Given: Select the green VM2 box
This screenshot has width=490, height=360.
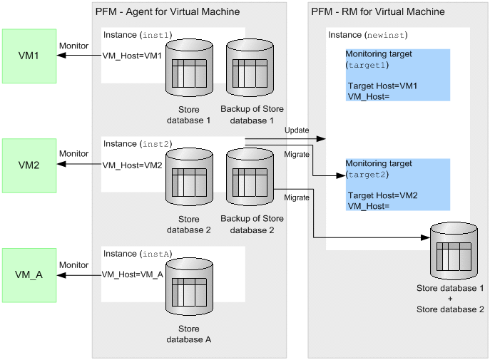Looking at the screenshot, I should click(x=29, y=165).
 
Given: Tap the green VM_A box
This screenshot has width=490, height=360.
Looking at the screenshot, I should click(x=29, y=274).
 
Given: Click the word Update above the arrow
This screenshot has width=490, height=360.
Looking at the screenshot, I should click(x=297, y=130).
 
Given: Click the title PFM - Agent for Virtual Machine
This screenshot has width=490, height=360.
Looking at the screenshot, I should click(x=168, y=11).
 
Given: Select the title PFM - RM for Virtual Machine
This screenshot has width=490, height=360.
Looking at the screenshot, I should click(x=378, y=11).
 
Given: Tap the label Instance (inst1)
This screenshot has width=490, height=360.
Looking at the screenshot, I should click(x=138, y=36).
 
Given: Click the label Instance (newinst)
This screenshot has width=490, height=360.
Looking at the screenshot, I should click(x=367, y=35).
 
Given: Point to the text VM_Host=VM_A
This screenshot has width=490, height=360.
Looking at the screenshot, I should click(x=133, y=274).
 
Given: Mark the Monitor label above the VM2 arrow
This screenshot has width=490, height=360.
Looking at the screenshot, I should click(x=73, y=153).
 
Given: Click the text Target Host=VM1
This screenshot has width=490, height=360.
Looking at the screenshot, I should click(x=382, y=86).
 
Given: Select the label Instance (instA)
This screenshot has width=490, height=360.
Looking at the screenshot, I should click(x=138, y=254).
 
